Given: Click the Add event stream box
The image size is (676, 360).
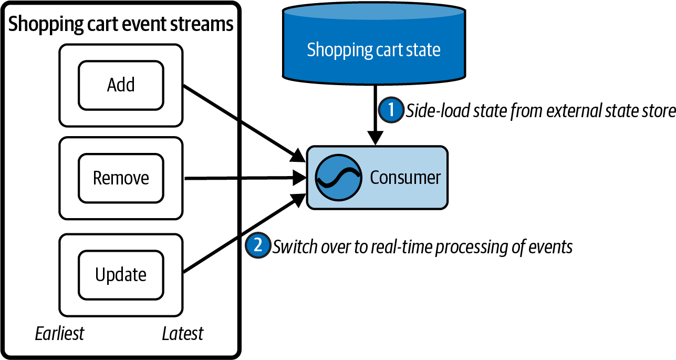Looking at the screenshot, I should (x=121, y=85).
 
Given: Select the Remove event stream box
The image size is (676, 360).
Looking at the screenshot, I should (x=121, y=178).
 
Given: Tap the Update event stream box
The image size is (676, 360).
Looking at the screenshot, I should (x=121, y=274).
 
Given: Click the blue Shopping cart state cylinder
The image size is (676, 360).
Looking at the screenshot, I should (x=373, y=50).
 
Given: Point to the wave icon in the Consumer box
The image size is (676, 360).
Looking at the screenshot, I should (x=338, y=177).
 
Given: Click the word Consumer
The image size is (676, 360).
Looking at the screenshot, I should (x=405, y=178).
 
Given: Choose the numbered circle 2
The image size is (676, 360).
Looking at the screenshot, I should (x=257, y=245).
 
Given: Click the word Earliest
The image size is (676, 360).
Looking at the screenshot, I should (x=59, y=333).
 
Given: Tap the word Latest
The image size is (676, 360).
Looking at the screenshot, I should (x=182, y=333).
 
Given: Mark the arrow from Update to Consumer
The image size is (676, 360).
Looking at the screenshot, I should (x=242, y=235).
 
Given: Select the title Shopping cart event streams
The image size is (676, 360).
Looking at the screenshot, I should (x=121, y=24).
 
